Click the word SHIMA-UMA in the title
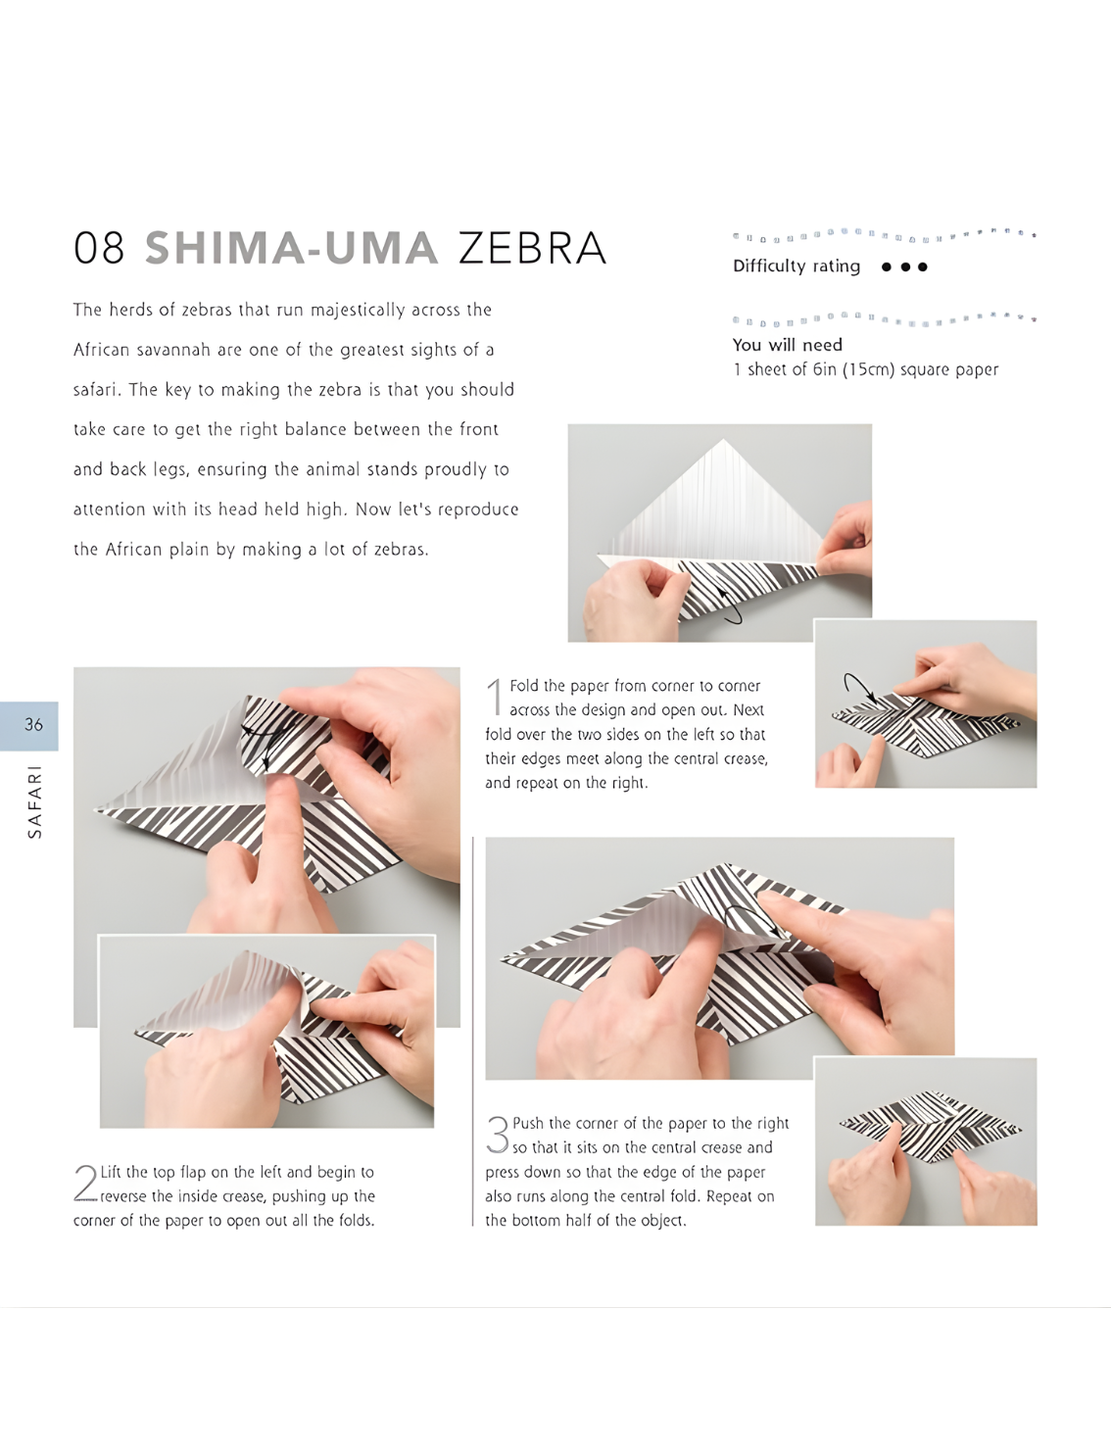pos(292,248)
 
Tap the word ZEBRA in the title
pos(532,248)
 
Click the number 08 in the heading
pos(99,248)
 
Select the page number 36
pos(33,724)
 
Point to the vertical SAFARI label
pos(34,802)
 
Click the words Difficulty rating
pos(797,267)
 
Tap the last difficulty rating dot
pos(923,267)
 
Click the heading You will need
pos(787,345)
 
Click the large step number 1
pos(495,697)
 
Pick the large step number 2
pos(85,1184)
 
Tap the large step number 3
pos(498,1135)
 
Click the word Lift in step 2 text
pos(112,1172)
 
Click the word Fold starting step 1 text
pos(523,686)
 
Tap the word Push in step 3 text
pos(528,1123)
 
